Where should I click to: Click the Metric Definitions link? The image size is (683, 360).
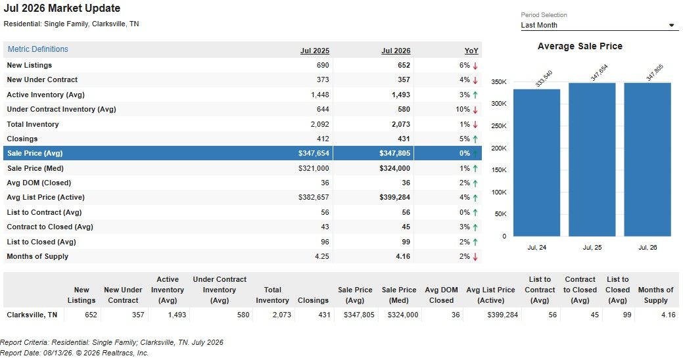pos(38,49)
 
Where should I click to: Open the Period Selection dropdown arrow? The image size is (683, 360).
pos(671,25)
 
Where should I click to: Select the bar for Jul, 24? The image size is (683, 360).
pos(536,163)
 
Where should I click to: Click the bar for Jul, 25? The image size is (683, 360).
pos(592,160)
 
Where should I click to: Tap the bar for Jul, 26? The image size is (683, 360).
pos(648,160)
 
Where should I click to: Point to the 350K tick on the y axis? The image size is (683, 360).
pos(499,82)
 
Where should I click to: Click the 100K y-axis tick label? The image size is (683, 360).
pos(499,192)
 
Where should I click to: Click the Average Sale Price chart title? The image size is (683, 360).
pos(580,46)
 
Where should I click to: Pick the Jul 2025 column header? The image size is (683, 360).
pos(315,51)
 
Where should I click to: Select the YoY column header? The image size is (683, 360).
pos(471,51)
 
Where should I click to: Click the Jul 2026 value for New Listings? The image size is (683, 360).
pos(404,65)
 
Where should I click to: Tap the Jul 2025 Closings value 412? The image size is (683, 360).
pos(323,139)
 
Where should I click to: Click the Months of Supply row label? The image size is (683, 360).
pos(37,256)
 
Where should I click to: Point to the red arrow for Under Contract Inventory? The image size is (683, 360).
pos(475,110)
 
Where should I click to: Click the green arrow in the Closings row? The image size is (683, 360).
pos(475,139)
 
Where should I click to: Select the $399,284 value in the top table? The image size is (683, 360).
pos(394,197)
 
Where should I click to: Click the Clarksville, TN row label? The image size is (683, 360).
pos(32,315)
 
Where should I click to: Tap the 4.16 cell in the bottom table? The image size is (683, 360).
pos(668,315)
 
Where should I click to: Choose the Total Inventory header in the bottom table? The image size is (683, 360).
pos(272,295)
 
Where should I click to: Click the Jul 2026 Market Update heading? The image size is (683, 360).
pos(62,9)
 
